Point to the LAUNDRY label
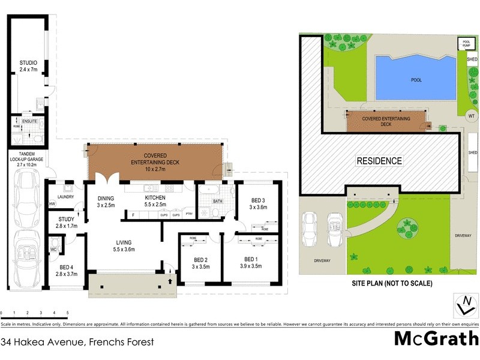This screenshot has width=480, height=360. pyautogui.click(x=65, y=196)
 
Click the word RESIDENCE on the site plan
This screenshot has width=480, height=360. pyautogui.click(x=379, y=161)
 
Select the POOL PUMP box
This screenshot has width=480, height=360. pyautogui.click(x=466, y=43)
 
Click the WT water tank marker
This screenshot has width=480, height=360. pyautogui.click(x=471, y=115)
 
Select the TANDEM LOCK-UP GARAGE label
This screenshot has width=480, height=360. pyautogui.click(x=23, y=159)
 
